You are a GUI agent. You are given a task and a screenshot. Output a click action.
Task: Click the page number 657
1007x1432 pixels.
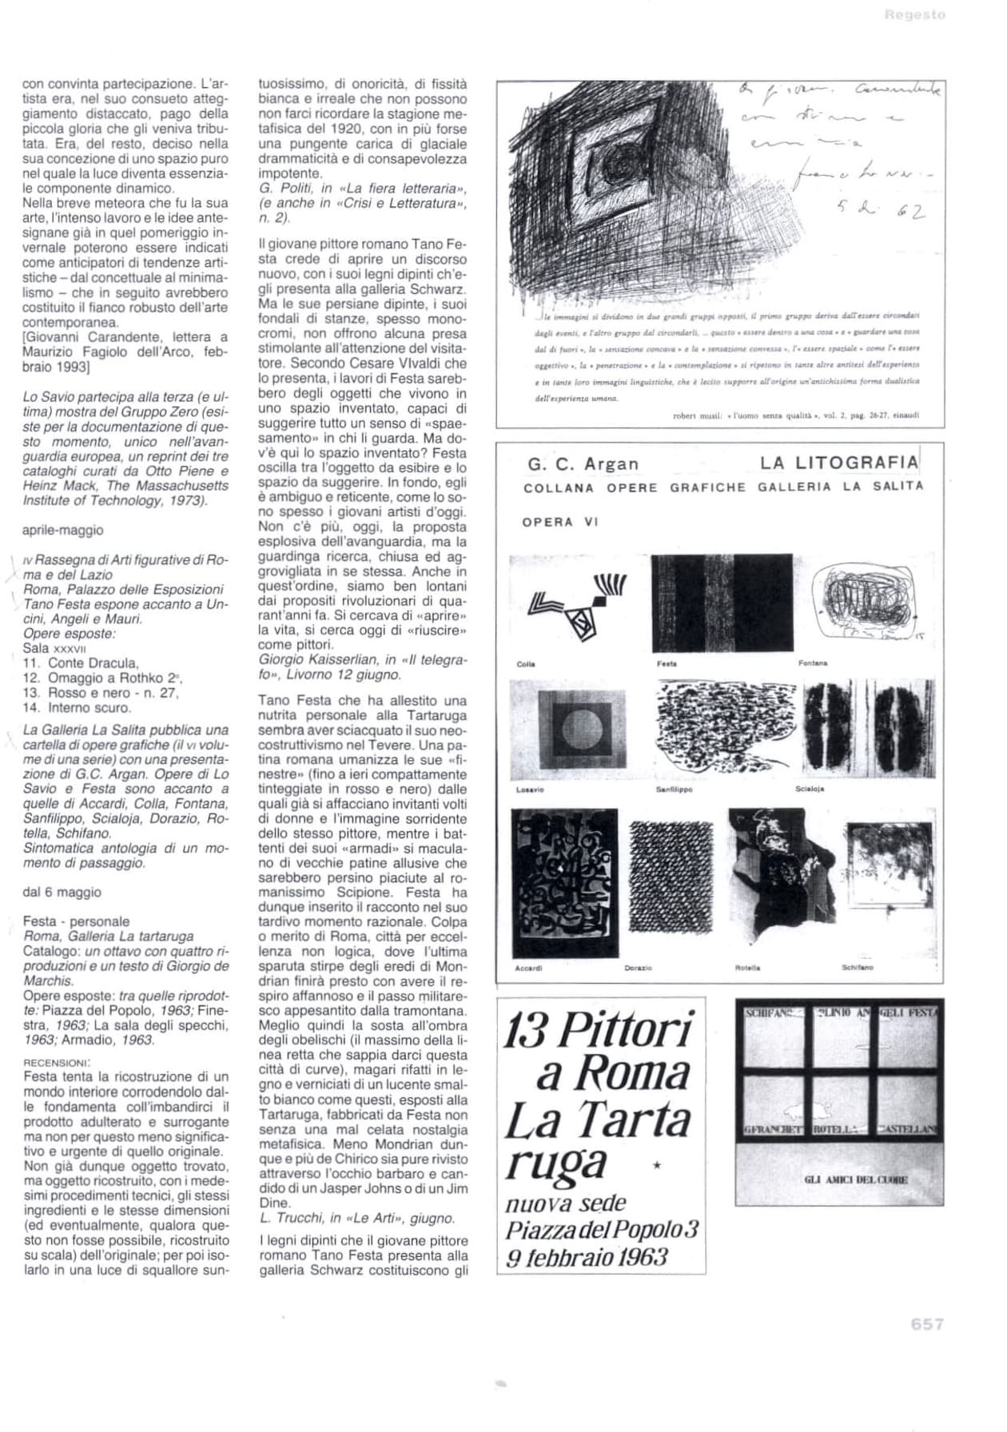click(927, 1324)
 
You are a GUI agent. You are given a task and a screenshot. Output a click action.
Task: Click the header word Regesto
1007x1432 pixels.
click(915, 14)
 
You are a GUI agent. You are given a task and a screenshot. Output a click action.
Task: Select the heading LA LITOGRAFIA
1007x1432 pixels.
click(839, 462)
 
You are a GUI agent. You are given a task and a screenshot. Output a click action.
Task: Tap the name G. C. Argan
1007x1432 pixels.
click(583, 464)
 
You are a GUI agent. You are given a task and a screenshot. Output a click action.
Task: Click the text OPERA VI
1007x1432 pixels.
click(559, 522)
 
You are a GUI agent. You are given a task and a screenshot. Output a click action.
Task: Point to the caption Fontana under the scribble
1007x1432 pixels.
click(813, 663)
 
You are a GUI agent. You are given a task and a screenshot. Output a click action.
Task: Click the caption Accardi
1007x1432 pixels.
click(528, 968)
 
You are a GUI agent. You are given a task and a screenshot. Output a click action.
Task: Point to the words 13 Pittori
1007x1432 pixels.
click(598, 1031)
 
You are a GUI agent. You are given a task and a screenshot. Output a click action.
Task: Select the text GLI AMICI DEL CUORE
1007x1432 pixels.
click(855, 1179)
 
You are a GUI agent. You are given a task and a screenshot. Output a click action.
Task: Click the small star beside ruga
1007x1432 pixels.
click(657, 1167)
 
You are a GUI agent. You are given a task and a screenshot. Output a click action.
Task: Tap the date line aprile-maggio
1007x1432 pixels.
click(62, 530)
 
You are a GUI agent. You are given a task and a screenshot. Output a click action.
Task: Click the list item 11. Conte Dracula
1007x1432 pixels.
click(81, 663)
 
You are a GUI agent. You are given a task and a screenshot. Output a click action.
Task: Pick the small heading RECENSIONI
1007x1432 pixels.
click(56, 1063)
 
